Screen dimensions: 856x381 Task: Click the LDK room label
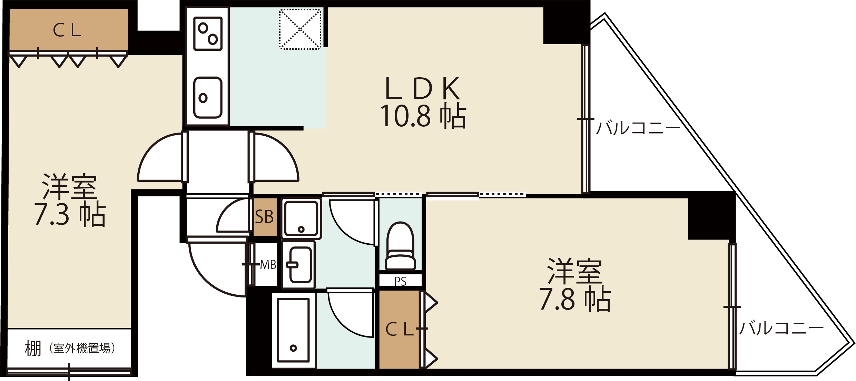(x=422, y=88)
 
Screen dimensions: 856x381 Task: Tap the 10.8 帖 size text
(x=423, y=116)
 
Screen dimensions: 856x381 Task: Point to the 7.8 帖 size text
(x=575, y=299)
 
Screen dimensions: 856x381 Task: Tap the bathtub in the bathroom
(x=293, y=330)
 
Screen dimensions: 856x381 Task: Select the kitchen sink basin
(x=208, y=98)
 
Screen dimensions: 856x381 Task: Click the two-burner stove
(x=208, y=33)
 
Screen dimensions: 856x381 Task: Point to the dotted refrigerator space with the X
(x=300, y=29)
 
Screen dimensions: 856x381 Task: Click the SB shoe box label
(x=264, y=217)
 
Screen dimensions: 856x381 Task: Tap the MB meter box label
(x=268, y=265)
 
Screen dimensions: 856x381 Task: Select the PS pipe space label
(x=400, y=281)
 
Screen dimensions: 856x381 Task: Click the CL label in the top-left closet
(x=67, y=30)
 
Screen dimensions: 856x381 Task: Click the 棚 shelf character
(x=33, y=349)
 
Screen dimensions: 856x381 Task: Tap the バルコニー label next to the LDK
(x=639, y=128)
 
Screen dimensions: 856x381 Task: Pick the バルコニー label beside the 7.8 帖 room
(x=781, y=328)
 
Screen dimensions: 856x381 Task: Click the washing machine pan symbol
(x=302, y=218)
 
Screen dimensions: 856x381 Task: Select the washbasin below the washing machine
(x=299, y=265)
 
